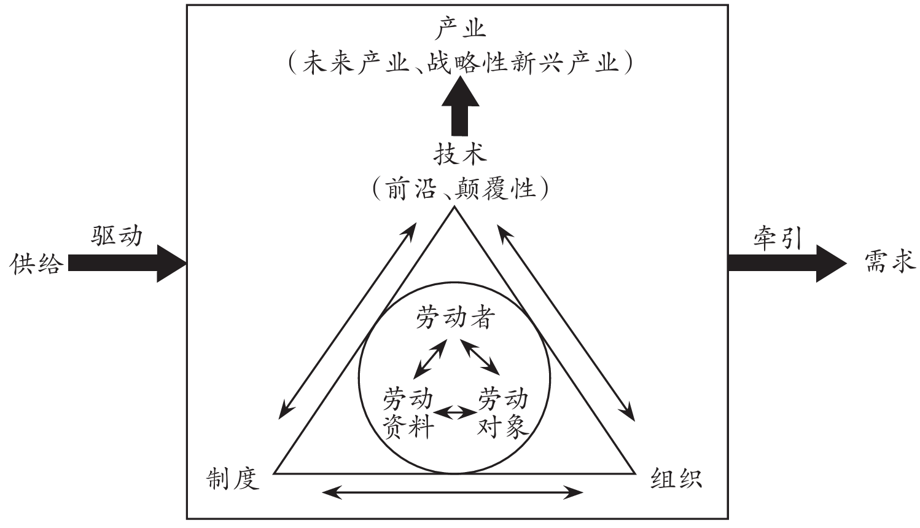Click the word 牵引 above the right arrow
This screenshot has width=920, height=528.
pos(778,237)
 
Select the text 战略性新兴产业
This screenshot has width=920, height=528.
pos(523,64)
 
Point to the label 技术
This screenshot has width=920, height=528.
pos(459,154)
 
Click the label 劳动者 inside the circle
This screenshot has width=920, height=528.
pos(454,318)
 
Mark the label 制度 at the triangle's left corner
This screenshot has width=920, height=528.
pos(233,479)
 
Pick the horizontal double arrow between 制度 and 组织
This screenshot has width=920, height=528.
pos(453,492)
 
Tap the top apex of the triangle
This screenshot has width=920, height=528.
pos(454,208)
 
